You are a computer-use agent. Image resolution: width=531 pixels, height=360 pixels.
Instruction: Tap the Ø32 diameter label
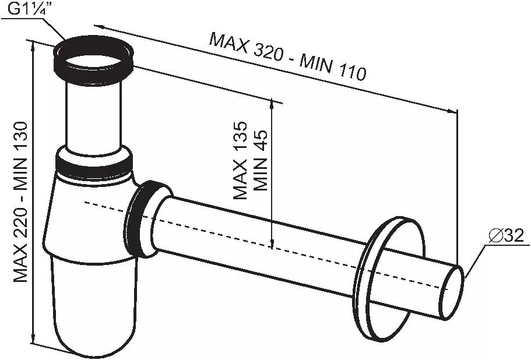[506, 235]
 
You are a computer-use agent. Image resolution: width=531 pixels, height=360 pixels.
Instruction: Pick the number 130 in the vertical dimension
[20, 137]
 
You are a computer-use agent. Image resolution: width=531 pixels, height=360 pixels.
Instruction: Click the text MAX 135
[240, 160]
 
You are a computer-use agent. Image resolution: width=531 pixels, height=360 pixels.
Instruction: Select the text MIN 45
[261, 160]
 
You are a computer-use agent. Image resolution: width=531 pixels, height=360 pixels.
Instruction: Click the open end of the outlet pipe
[451, 292]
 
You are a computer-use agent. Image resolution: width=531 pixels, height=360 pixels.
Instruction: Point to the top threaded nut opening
[93, 62]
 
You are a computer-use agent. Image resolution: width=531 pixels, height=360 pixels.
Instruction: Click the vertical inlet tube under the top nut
[93, 117]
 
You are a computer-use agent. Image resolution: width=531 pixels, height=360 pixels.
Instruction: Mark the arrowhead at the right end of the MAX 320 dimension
[452, 111]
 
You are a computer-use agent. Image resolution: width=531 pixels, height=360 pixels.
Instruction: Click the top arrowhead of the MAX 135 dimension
[272, 104]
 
